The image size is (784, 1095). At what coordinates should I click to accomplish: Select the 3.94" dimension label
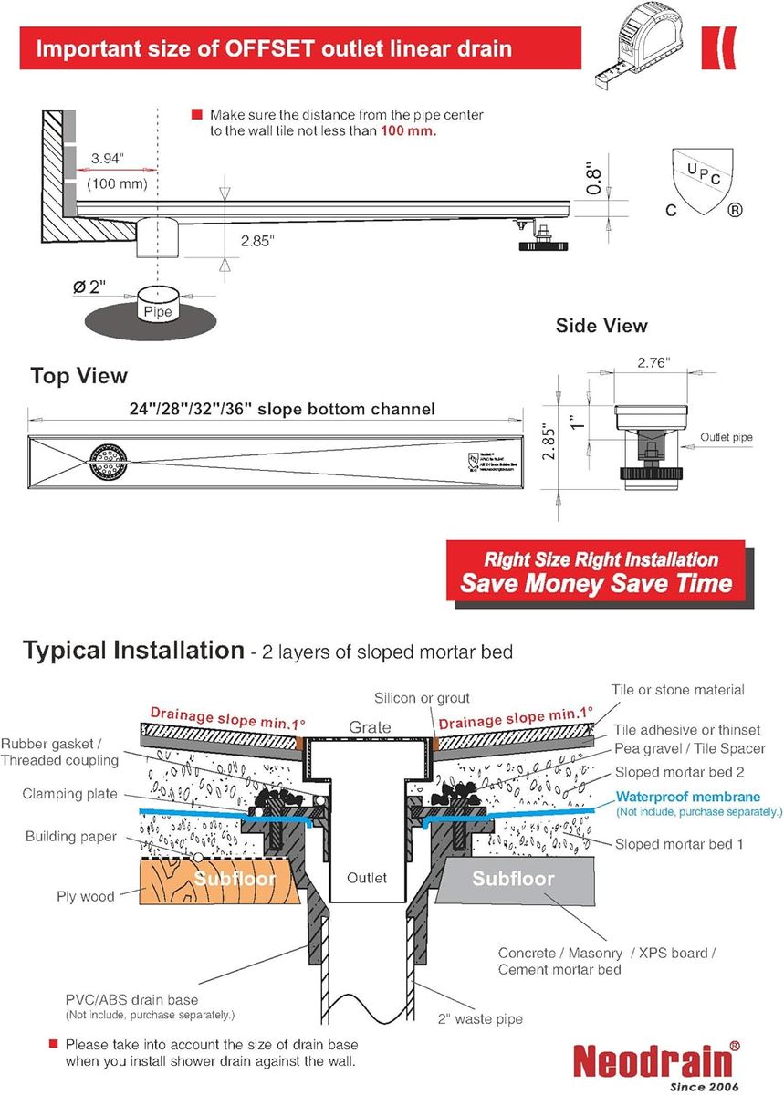(x=108, y=159)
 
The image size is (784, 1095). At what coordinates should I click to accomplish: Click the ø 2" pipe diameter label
(x=89, y=287)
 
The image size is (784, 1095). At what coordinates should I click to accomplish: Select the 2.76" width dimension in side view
(x=653, y=362)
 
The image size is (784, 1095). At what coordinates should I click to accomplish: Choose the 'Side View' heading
(x=601, y=326)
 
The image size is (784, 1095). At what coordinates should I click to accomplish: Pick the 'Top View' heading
(x=78, y=376)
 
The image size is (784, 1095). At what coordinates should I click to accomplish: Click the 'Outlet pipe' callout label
(x=727, y=437)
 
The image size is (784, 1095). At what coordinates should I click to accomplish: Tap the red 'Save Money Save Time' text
(x=596, y=583)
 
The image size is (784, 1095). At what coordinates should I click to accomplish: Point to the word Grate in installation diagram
(x=370, y=728)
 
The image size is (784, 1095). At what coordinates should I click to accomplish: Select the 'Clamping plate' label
(x=69, y=794)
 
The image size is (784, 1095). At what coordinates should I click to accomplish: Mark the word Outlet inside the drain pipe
(x=367, y=878)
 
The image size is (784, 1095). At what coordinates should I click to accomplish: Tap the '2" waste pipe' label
(x=481, y=1019)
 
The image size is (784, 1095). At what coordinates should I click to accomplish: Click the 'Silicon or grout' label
(x=422, y=698)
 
